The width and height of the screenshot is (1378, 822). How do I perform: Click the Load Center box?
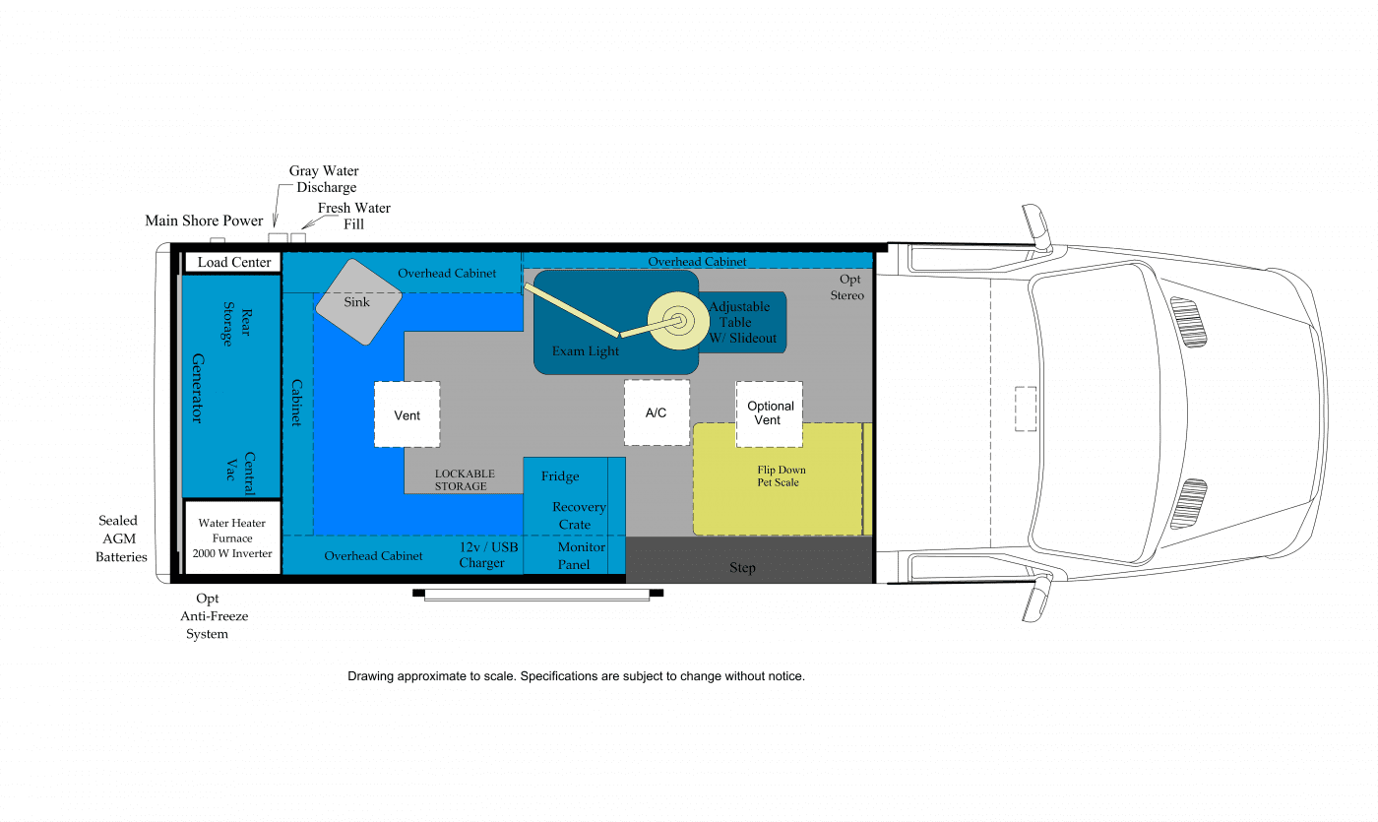(232, 262)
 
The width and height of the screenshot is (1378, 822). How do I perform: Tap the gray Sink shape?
(358, 301)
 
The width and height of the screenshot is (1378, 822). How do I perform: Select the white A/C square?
(657, 412)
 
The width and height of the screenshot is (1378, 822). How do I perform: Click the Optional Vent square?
(769, 413)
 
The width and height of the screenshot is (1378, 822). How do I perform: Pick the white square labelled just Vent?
(407, 414)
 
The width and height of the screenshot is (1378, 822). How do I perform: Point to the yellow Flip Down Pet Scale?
(778, 478)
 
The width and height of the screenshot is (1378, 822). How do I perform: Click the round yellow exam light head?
(678, 321)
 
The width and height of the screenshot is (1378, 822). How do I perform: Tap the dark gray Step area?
(749, 559)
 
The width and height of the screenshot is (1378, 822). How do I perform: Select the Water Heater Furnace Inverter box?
(232, 537)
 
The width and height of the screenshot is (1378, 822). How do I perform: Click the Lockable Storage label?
(465, 480)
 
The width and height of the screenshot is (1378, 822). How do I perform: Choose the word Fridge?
(560, 476)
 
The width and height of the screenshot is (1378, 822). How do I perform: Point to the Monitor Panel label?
(581, 555)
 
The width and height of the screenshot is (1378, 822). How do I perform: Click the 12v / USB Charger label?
(488, 555)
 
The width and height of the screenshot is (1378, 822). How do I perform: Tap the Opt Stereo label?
(847, 287)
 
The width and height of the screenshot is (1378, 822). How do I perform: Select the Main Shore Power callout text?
(204, 221)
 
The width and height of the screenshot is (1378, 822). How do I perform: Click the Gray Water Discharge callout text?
(324, 179)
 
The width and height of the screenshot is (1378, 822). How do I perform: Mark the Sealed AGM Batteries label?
(121, 538)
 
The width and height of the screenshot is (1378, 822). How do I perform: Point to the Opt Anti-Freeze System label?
(214, 616)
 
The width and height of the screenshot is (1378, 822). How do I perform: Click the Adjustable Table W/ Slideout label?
(742, 323)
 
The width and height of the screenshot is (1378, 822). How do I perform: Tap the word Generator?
(198, 388)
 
